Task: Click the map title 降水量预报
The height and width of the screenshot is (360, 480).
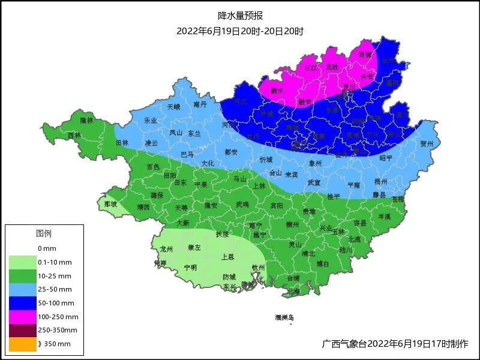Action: [240, 16]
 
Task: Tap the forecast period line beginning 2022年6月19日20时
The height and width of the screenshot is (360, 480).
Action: [240, 31]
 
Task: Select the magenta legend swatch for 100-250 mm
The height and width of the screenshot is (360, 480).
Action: [23, 316]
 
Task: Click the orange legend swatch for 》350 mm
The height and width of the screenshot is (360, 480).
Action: [23, 344]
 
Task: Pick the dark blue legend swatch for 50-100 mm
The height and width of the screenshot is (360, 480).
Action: [23, 303]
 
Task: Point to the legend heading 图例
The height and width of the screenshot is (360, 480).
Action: [44, 233]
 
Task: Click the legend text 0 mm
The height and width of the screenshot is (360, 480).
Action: [47, 248]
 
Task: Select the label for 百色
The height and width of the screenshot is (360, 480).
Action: [153, 166]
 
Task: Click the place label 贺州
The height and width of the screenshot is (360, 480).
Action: [427, 144]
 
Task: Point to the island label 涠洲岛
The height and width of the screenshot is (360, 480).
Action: [285, 317]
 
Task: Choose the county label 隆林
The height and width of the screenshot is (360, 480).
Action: [87, 121]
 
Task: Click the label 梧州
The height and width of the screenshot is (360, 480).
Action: [380, 181]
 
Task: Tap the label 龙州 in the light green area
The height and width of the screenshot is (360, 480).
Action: [166, 248]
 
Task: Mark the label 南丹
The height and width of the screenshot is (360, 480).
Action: [200, 104]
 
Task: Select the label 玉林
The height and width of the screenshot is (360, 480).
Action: [338, 231]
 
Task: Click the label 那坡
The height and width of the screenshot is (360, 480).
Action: [110, 204]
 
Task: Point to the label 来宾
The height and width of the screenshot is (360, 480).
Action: [292, 175]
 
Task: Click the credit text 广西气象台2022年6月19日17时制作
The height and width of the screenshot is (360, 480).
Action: [395, 344]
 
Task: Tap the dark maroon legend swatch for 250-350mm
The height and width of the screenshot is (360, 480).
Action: [23, 330]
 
